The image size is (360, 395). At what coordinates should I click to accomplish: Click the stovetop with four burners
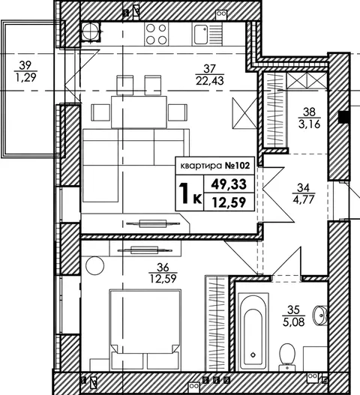(x=156, y=34)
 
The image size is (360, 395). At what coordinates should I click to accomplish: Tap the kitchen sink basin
(x=201, y=34)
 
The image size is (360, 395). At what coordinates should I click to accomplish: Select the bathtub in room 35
(x=253, y=331)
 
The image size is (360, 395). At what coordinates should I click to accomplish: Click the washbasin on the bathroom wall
(x=320, y=315)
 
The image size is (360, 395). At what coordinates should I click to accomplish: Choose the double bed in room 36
(x=145, y=330)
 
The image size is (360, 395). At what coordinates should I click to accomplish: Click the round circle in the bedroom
(x=94, y=265)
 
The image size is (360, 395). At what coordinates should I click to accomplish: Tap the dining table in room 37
(x=139, y=112)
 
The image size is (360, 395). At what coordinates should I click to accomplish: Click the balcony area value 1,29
(x=26, y=78)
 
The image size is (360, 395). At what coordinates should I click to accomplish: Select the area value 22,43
(x=210, y=81)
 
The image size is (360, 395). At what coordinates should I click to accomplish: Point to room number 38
(x=309, y=112)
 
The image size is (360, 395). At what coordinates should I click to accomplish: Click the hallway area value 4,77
(x=304, y=199)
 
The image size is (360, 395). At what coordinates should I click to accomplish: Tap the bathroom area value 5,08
(x=294, y=322)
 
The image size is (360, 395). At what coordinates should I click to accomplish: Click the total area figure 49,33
(x=229, y=184)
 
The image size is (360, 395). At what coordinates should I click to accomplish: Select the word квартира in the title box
(x=202, y=166)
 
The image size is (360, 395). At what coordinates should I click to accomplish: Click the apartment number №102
(x=237, y=166)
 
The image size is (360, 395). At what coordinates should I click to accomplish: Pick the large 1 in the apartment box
(x=184, y=193)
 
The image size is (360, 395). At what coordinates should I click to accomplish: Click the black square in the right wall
(x=343, y=117)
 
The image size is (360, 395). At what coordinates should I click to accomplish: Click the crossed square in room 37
(x=244, y=113)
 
